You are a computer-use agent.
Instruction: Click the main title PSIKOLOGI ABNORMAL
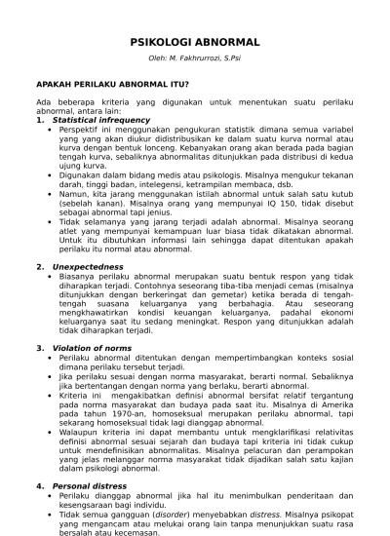(x=195, y=43)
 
